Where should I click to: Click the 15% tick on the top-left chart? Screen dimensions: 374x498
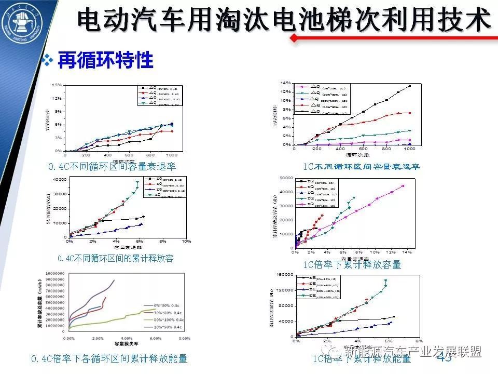click(x=58, y=85)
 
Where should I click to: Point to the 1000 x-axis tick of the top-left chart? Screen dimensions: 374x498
click(x=171, y=155)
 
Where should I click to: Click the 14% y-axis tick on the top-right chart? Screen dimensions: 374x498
click(x=286, y=83)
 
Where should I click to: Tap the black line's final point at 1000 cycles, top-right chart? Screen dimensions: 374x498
click(x=410, y=86)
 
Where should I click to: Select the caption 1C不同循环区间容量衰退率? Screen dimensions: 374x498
click(x=362, y=166)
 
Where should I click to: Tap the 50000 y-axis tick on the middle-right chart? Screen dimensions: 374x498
click(x=286, y=178)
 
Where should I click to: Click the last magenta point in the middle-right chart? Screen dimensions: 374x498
click(x=403, y=186)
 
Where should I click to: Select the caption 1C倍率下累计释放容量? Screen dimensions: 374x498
click(x=352, y=264)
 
